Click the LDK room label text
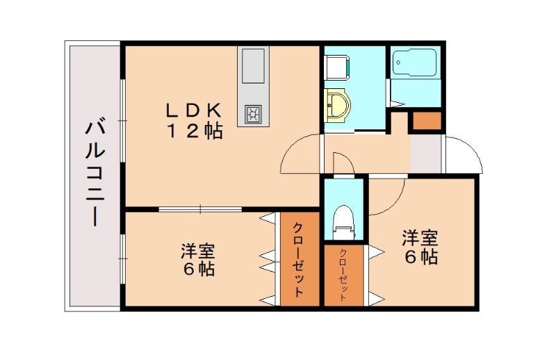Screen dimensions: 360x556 tap(193, 110)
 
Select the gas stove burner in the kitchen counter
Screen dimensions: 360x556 tap(252, 113)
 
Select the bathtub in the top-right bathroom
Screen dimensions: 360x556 tap(414, 64)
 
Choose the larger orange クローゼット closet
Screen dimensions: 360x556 tap(299, 259)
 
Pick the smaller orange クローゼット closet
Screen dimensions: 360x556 tap(344, 276)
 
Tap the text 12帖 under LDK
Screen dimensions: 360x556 tap(194, 131)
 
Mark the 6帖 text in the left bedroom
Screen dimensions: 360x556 tap(198, 269)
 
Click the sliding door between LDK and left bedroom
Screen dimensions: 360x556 tap(200, 208)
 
